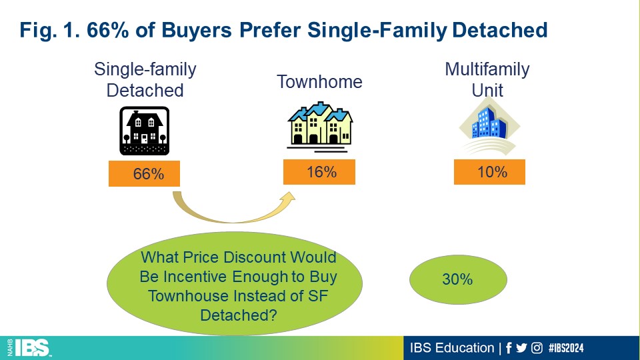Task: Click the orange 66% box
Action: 144,173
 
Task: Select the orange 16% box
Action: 319,172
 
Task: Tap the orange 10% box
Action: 489,172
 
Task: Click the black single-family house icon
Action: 145,131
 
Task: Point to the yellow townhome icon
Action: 320,127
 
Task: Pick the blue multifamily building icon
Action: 489,126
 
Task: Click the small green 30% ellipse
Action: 458,279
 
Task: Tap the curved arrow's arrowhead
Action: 289,198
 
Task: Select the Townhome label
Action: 319,81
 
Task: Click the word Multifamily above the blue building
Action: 487,69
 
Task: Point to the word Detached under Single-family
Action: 145,90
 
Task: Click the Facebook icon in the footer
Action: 509,348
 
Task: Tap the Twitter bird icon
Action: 521,348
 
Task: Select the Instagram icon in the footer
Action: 537,348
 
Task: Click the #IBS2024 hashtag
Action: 566,348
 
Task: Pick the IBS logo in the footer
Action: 29,348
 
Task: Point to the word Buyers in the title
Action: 197,30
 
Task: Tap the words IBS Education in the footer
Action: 452,348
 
